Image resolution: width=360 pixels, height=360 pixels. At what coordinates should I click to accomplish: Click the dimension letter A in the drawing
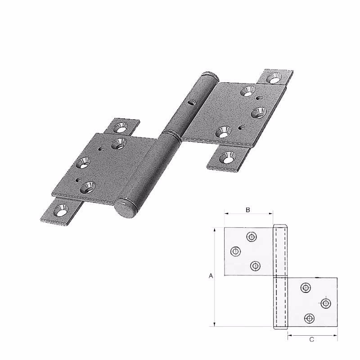[x=211, y=277]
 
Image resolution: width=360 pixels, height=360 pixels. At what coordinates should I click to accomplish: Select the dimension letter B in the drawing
[x=248, y=210]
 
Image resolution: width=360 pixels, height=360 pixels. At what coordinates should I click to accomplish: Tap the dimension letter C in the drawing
[x=312, y=340]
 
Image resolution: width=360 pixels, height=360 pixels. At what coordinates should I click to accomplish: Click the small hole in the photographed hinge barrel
[x=191, y=103]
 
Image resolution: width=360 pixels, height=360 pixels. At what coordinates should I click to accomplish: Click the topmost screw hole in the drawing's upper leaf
[x=251, y=237]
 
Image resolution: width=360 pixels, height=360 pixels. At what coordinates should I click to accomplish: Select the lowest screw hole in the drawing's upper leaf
[x=255, y=266]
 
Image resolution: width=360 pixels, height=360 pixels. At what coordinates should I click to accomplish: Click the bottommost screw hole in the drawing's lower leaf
[x=309, y=318]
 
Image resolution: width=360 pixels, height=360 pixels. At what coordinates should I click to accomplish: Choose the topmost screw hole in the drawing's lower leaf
[x=306, y=288]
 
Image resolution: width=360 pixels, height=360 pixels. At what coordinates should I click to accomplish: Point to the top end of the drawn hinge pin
[x=279, y=225]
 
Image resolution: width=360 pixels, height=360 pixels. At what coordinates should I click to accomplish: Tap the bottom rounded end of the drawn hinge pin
[x=279, y=328]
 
